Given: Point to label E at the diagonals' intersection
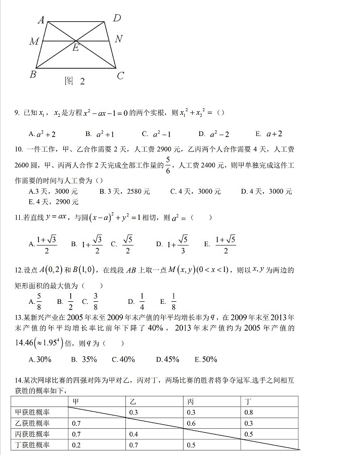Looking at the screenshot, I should pos(75,49).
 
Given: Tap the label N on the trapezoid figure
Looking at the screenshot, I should pos(118,39).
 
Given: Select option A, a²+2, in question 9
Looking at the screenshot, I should pos(42,134).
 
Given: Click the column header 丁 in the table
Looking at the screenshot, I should pos(248,401).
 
